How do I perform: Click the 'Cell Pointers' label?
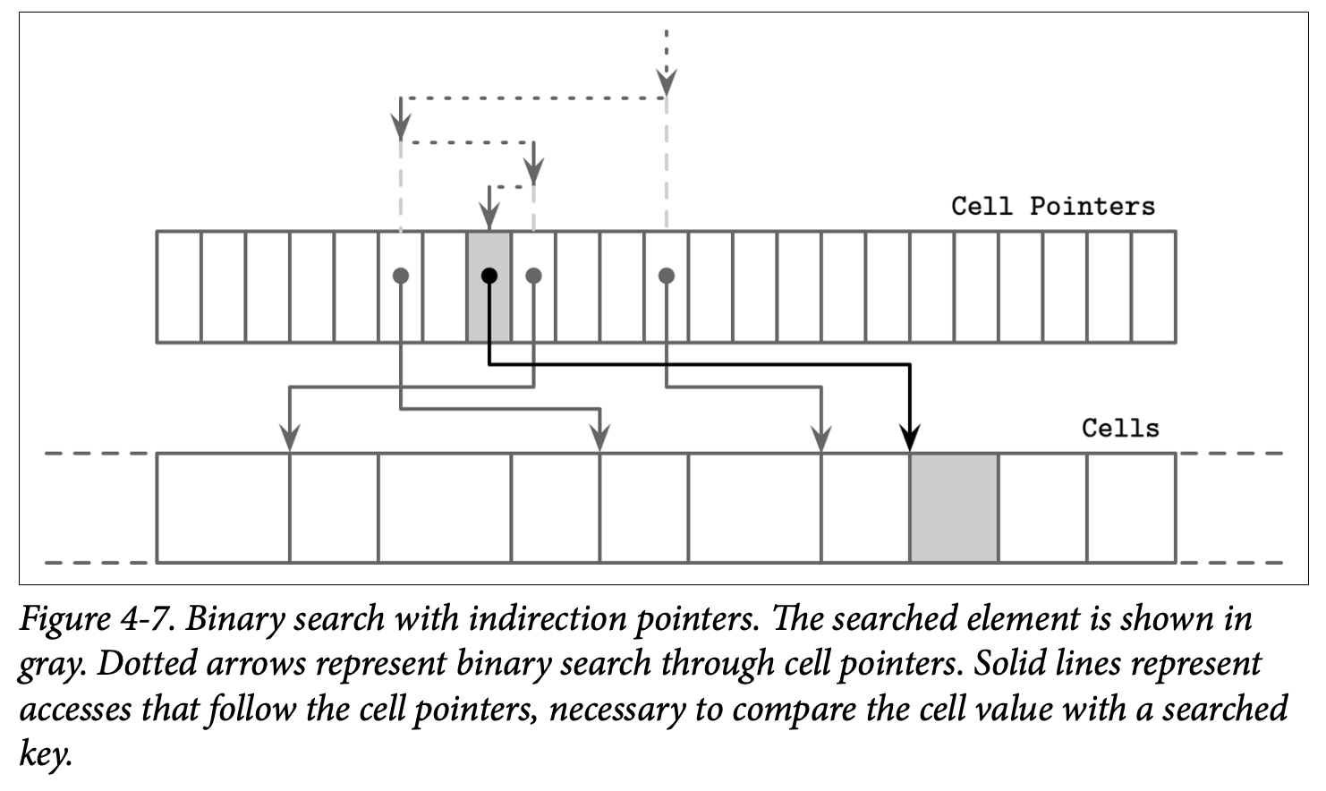pyautogui.click(x=1052, y=206)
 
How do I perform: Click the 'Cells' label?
pyautogui.click(x=1119, y=428)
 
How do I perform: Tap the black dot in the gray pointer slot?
pyautogui.click(x=489, y=276)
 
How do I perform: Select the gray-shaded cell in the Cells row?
pyautogui.click(x=954, y=507)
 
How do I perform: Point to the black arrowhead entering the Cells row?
pyautogui.click(x=909, y=439)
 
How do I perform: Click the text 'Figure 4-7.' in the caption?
pyautogui.click(x=98, y=619)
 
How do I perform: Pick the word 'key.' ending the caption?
pyautogui.click(x=44, y=753)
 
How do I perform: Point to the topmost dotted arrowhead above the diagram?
pyautogui.click(x=667, y=83)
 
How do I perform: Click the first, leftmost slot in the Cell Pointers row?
pyautogui.click(x=179, y=286)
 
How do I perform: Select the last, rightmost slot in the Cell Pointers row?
pyautogui.click(x=1153, y=286)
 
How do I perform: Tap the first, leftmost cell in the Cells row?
pyautogui.click(x=223, y=507)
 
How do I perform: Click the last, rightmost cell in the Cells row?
pyautogui.click(x=1131, y=507)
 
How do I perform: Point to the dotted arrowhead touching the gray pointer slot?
pyautogui.click(x=489, y=217)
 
